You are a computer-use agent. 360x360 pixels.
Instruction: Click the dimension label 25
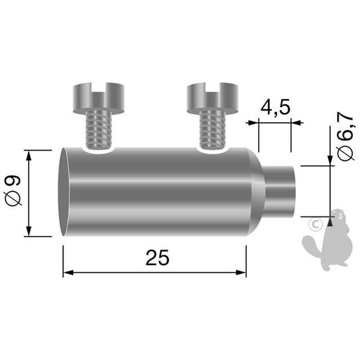[159, 258]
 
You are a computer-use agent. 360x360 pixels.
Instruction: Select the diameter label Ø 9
[13, 193]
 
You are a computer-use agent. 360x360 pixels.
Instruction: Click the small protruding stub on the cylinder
[281, 192]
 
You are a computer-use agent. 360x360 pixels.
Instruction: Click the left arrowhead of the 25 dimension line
[67, 272]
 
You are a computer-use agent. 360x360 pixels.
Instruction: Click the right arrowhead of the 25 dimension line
[242, 272]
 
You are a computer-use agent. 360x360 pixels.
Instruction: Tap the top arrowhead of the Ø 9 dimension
[28, 154]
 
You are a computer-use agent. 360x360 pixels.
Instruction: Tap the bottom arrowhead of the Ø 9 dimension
[28, 233]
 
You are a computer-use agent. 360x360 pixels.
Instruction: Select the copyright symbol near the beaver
[316, 224]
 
